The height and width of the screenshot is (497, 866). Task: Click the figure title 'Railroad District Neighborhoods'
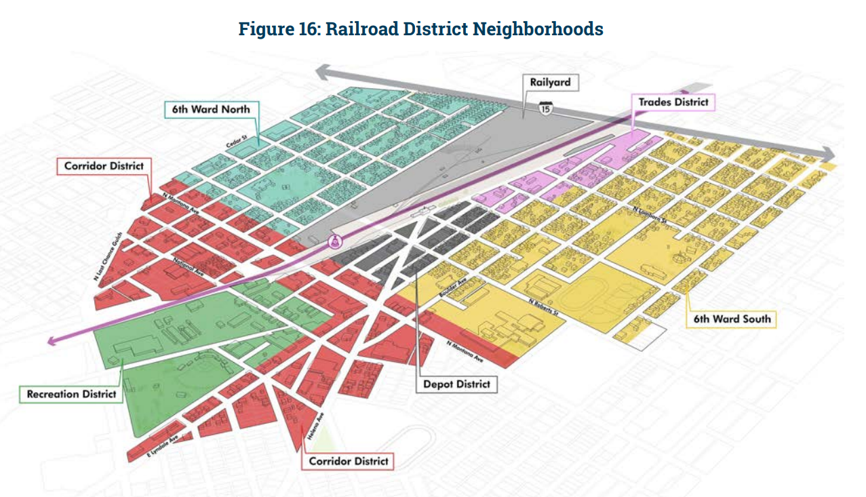[x=420, y=29]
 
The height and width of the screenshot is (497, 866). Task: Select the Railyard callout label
[x=551, y=83]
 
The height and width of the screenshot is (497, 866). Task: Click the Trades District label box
[x=673, y=102]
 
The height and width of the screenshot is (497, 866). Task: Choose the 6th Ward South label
[x=731, y=319]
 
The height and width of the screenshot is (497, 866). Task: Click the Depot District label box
[x=456, y=384]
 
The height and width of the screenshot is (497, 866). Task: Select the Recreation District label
[x=71, y=394]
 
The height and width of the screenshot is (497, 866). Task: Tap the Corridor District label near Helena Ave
[x=349, y=461]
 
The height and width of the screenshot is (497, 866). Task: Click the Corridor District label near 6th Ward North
[x=104, y=165]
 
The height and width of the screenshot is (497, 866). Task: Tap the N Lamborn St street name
[x=649, y=216]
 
